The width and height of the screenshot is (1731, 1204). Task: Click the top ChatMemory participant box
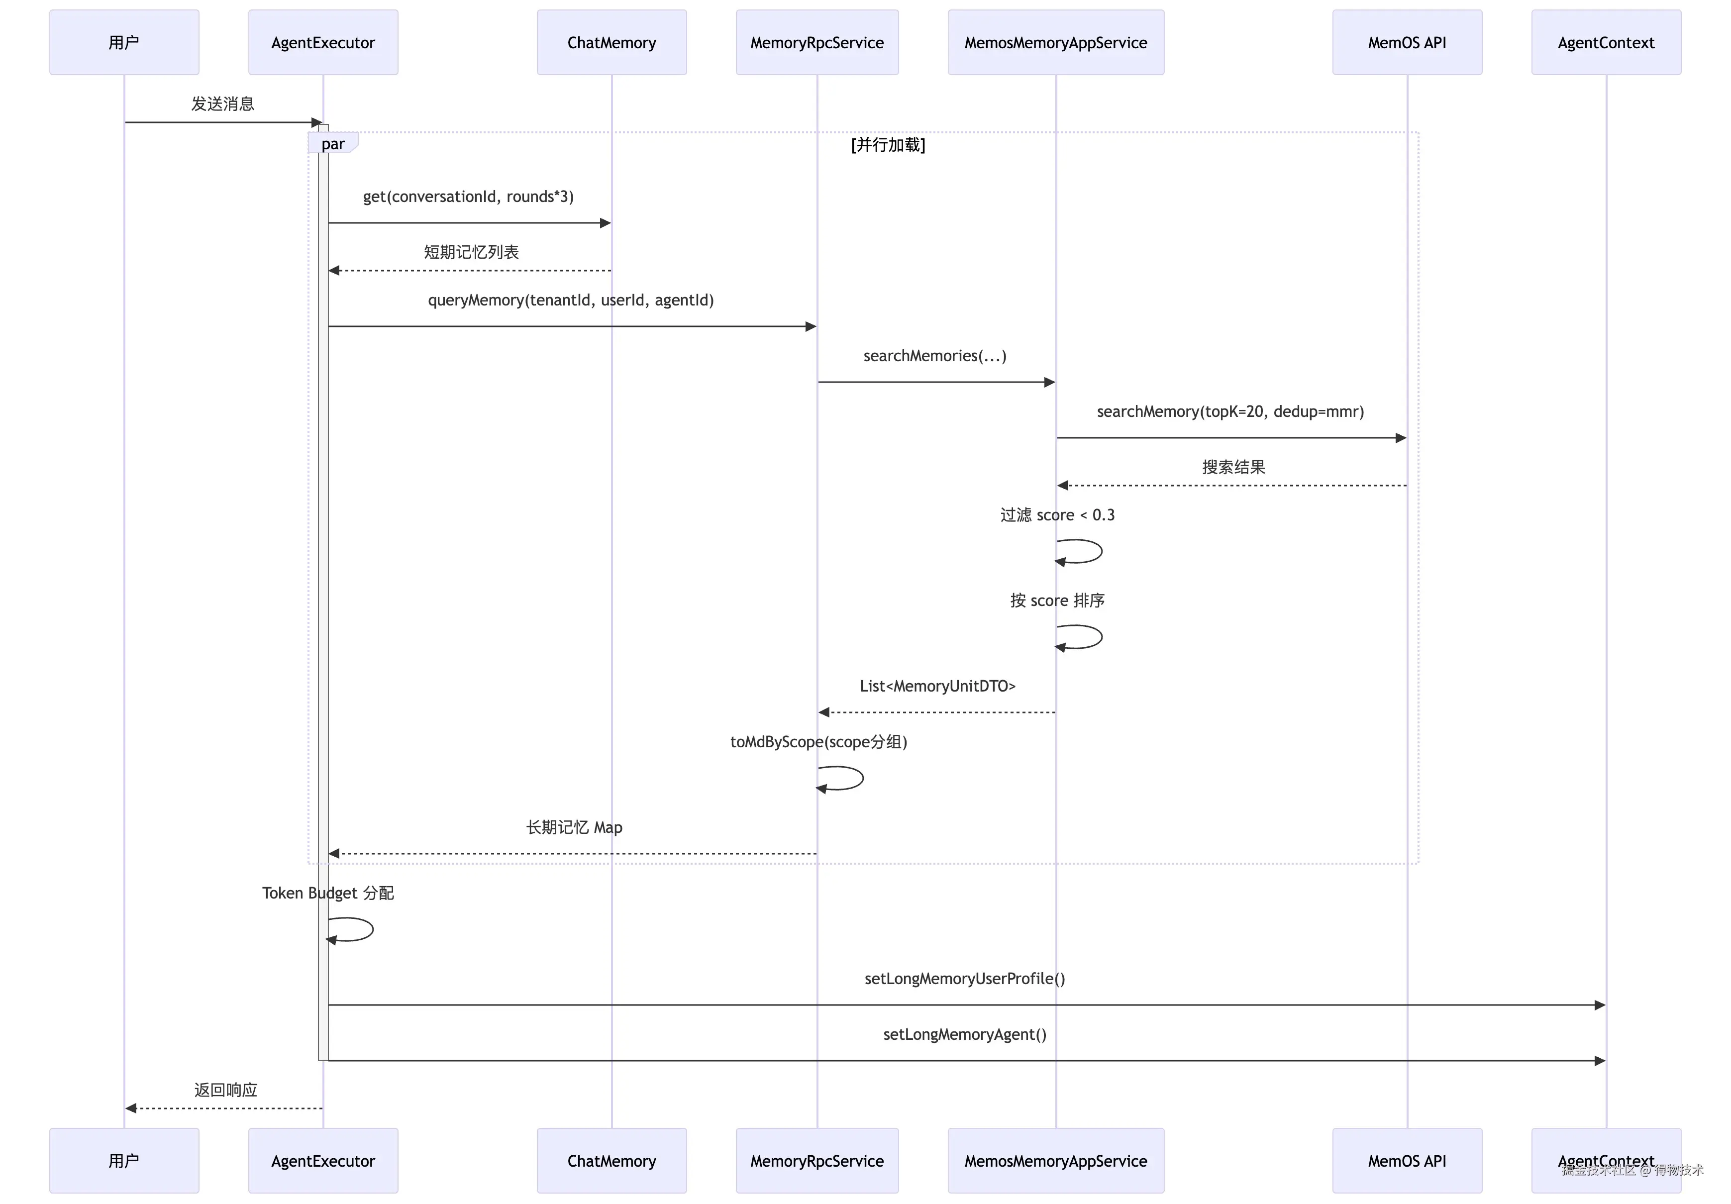(x=611, y=42)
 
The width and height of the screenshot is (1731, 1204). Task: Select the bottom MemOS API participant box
(x=1407, y=1160)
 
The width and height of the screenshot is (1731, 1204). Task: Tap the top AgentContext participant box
(x=1606, y=42)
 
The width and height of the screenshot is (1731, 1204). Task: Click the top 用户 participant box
(x=124, y=42)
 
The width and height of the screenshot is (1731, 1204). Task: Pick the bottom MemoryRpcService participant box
(x=817, y=1160)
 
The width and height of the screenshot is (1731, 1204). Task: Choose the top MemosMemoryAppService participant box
(x=1055, y=42)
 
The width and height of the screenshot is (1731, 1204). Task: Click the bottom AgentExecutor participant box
(x=323, y=1160)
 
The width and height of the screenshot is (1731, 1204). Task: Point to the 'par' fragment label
(x=332, y=143)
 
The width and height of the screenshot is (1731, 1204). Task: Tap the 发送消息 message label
(x=222, y=103)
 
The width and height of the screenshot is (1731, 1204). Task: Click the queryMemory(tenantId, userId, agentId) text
(x=571, y=300)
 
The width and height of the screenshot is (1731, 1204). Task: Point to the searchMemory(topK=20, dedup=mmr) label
(x=1230, y=411)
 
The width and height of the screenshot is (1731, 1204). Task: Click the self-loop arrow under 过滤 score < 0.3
(x=1102, y=551)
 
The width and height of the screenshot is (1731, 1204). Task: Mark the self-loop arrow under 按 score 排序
(x=1102, y=637)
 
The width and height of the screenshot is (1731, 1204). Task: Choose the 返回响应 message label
(x=225, y=1090)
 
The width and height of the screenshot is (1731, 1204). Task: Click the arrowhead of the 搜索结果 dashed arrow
(x=1062, y=486)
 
